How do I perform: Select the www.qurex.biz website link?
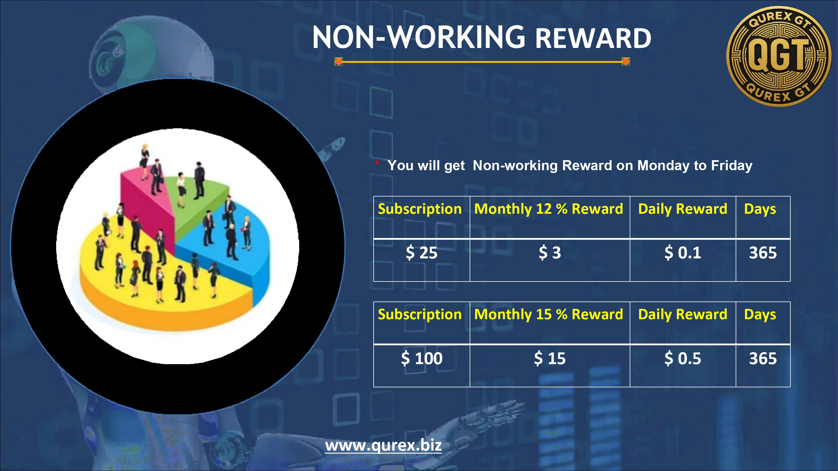click(x=383, y=446)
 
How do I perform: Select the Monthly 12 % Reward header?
click(x=549, y=209)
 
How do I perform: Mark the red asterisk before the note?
click(x=377, y=162)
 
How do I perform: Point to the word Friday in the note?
click(x=732, y=166)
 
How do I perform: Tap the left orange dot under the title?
click(x=339, y=61)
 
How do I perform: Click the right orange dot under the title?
click(x=626, y=61)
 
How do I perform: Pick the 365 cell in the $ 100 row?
click(x=763, y=358)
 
